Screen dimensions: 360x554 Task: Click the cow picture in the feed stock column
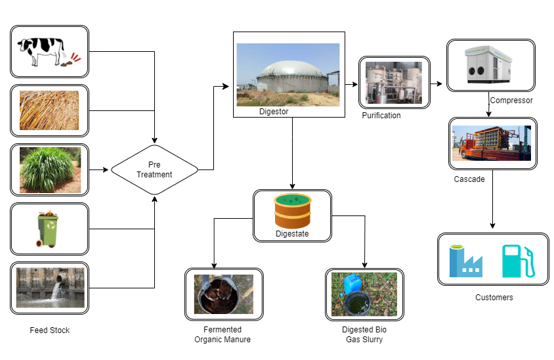click(x=49, y=52)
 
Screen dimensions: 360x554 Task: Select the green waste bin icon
click(x=49, y=229)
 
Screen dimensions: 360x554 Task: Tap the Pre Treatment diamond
click(x=155, y=170)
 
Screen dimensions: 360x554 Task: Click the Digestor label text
click(x=274, y=112)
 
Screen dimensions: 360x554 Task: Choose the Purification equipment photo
click(x=394, y=82)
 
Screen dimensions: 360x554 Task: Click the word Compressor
click(x=511, y=101)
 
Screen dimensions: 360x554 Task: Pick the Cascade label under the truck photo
click(x=469, y=179)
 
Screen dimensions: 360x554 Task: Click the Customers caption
click(x=494, y=298)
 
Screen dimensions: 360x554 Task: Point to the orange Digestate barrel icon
click(x=292, y=211)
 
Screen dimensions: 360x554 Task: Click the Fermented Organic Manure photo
click(x=224, y=294)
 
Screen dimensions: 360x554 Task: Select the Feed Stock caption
click(x=50, y=330)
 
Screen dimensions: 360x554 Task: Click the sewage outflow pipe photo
click(x=49, y=288)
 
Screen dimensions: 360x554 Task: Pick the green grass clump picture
click(x=49, y=169)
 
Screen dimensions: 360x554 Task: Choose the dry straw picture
click(x=49, y=110)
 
